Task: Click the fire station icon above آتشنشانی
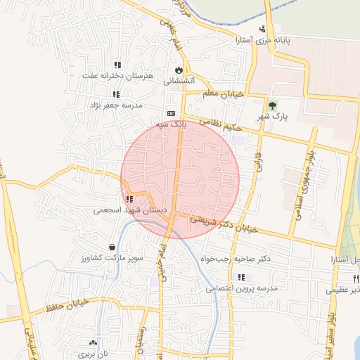[x=179, y=70]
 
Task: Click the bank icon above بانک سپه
[x=171, y=112]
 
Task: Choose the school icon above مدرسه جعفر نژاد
[x=115, y=94]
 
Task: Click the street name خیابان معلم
[x=223, y=93]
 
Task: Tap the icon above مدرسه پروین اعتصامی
[x=242, y=277]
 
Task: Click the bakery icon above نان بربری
[x=94, y=342]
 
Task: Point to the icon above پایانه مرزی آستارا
[x=262, y=29]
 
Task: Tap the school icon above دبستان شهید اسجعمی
[x=129, y=199]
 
